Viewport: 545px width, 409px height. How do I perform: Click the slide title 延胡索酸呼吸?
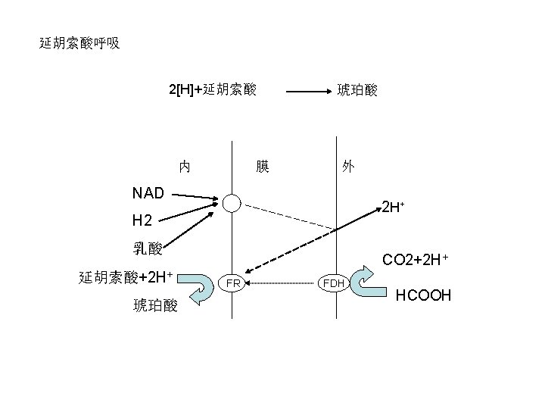pos(79,43)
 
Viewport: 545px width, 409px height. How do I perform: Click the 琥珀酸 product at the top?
pos(358,90)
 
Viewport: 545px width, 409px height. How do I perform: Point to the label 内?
pos(184,166)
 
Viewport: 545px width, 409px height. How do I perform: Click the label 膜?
pos(263,166)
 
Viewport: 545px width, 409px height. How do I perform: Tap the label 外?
pos(347,166)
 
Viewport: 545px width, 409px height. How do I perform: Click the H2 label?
pos(142,221)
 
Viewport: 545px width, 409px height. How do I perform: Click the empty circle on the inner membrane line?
pos(232,202)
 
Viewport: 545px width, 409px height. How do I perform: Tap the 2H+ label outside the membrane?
pos(392,207)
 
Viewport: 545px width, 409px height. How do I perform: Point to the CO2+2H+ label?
pos(416,261)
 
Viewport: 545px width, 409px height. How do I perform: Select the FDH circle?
pos(334,283)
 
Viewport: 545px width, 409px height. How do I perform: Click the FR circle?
pos(232,283)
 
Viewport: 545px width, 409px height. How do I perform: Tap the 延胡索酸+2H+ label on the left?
pos(127,275)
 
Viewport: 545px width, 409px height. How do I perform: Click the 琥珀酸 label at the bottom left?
pos(155,305)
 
